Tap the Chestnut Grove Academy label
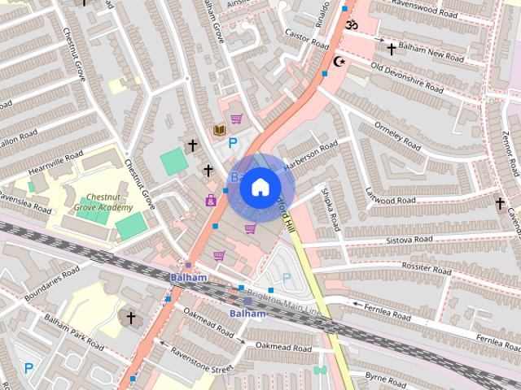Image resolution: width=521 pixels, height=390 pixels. tap(104, 202)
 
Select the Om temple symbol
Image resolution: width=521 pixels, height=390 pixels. tap(351, 25)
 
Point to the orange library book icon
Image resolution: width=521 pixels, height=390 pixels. tap(218, 130)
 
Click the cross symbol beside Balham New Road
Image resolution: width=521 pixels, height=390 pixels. tap(391, 49)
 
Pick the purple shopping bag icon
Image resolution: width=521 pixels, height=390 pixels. tap(211, 201)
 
